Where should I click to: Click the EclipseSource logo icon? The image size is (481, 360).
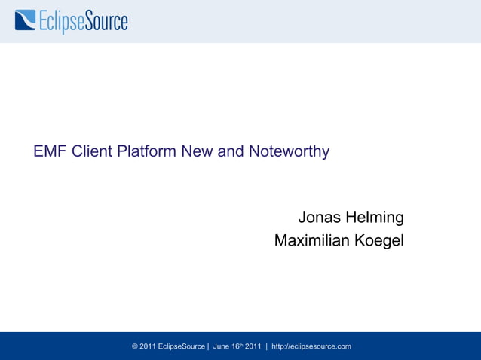point(25,20)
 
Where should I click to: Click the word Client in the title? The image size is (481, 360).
point(92,151)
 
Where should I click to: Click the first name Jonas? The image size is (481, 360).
point(320,218)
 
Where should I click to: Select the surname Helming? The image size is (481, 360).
point(375,218)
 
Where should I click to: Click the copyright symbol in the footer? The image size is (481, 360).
point(135,346)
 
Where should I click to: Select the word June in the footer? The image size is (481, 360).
point(222,346)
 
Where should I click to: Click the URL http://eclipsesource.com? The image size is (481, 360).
point(311,346)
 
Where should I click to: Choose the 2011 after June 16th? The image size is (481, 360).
point(253,346)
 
